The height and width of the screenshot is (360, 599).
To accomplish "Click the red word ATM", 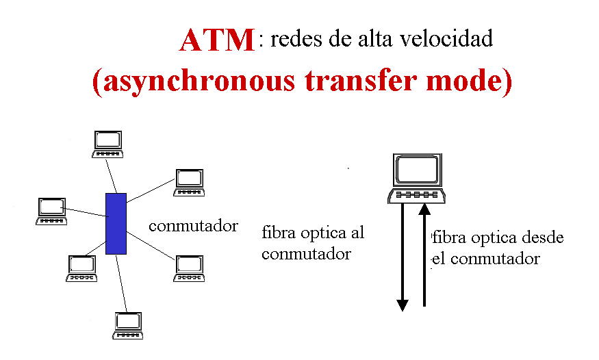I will [x=217, y=41].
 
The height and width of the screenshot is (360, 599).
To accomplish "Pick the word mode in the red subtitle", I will [x=471, y=81].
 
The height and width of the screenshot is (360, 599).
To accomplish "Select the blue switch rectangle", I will [x=116, y=224].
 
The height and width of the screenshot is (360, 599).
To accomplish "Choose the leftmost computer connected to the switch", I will [x=51, y=211].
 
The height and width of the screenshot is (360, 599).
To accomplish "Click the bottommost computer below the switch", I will [x=127, y=325].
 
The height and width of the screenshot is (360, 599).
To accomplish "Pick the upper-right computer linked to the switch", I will [x=189, y=182].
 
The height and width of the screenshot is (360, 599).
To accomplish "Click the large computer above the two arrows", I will [x=417, y=177].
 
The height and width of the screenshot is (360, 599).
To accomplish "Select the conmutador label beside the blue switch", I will [x=193, y=226].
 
